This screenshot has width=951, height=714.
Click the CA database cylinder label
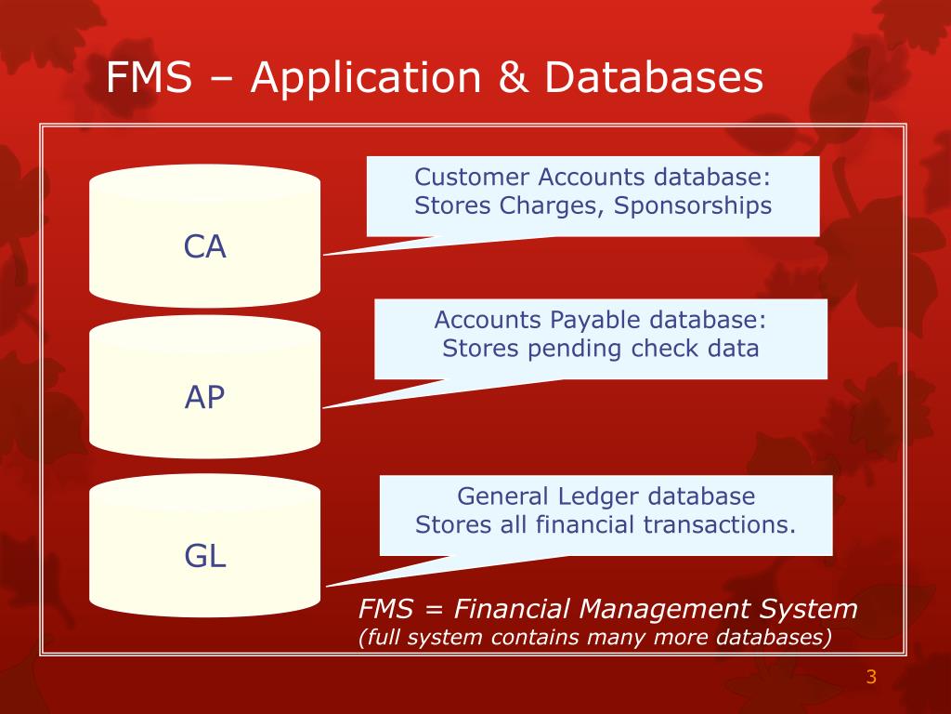click(x=205, y=247)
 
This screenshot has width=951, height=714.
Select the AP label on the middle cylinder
click(x=205, y=398)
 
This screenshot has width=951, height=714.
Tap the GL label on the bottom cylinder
click(x=205, y=557)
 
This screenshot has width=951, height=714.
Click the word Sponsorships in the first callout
click(x=692, y=205)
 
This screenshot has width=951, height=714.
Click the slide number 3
click(x=870, y=677)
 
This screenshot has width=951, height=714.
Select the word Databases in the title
click(x=654, y=78)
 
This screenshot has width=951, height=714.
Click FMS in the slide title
click(x=150, y=78)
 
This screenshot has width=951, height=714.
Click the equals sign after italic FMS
click(x=434, y=611)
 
